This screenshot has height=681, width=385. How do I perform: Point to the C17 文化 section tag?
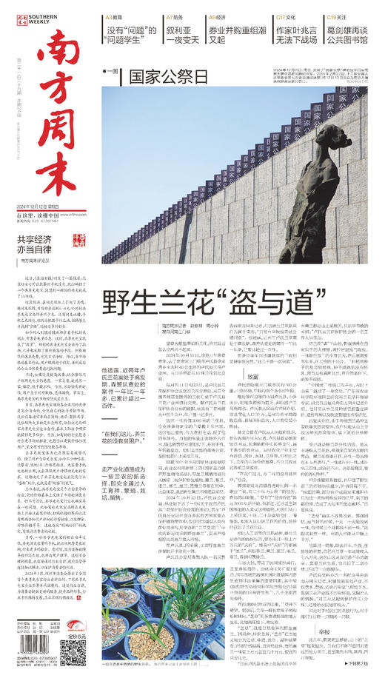click(x=287, y=16)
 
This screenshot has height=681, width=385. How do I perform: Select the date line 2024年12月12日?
click(x=48, y=205)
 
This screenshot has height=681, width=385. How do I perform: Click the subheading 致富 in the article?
click(x=254, y=376)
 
